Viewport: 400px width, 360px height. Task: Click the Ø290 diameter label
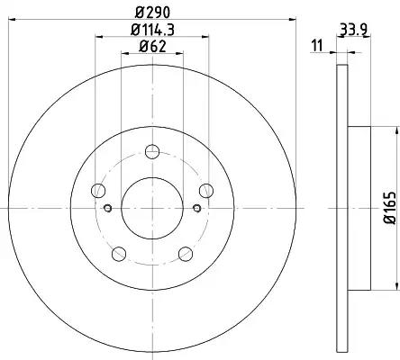152,13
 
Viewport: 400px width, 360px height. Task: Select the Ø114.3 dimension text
152,30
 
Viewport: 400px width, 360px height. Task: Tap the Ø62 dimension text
152,47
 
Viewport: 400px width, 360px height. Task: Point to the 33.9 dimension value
354,30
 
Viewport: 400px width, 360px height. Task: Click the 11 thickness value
317,46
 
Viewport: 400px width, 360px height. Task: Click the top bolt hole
152,151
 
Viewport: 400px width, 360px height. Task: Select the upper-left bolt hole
98,191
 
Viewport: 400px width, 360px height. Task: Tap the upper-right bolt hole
206,191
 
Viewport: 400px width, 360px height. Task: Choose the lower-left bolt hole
119,254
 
